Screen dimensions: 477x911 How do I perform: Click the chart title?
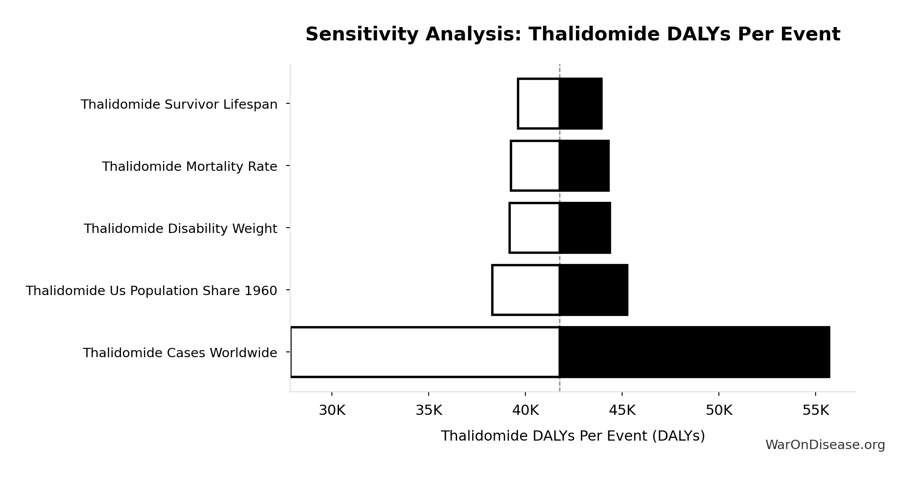(x=572, y=35)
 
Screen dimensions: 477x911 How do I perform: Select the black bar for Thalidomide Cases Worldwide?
(x=694, y=352)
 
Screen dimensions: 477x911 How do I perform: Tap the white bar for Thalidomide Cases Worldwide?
(x=425, y=352)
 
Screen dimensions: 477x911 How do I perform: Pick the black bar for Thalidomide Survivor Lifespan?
(x=580, y=103)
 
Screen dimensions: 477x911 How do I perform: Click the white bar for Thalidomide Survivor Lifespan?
(x=538, y=103)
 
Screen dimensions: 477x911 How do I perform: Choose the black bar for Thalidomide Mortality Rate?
(x=584, y=166)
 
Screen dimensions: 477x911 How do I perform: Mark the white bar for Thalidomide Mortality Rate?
(x=535, y=166)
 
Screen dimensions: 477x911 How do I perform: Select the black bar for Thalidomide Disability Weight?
(x=585, y=228)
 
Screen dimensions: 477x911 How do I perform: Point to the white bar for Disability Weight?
(x=534, y=228)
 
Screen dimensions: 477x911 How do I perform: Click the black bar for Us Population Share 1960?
(x=593, y=290)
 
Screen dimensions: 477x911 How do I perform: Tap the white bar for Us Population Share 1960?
(x=525, y=290)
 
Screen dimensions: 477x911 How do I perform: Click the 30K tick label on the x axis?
(x=332, y=411)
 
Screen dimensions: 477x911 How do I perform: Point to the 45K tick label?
(x=622, y=411)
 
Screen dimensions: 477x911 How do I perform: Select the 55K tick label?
(x=816, y=411)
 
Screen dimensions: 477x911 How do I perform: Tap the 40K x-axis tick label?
(x=525, y=411)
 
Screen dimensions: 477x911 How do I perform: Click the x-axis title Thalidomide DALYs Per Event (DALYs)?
(x=572, y=436)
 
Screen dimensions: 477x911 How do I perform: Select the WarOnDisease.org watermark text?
(x=825, y=445)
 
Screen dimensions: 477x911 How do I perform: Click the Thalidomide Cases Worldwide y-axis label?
(x=180, y=353)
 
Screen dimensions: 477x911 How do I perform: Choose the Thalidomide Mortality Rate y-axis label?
(x=189, y=167)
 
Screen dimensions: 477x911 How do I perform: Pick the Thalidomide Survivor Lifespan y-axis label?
(x=179, y=105)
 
